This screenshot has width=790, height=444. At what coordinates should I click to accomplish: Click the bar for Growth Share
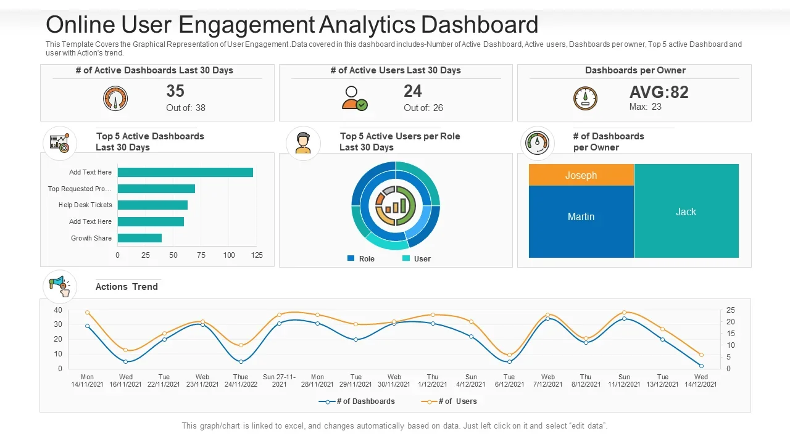click(x=139, y=238)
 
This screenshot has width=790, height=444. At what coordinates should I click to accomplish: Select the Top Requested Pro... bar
click(x=156, y=189)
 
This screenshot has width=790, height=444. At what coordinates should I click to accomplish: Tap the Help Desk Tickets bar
click(x=152, y=205)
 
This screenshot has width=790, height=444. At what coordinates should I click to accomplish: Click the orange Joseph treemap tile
click(x=581, y=175)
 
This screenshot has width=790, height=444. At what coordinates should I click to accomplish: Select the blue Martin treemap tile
click(x=581, y=221)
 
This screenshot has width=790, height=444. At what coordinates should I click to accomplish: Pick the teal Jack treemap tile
click(x=686, y=211)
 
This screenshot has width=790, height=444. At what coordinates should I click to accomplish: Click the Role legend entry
click(x=361, y=258)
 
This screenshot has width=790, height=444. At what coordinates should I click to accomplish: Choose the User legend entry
click(x=417, y=258)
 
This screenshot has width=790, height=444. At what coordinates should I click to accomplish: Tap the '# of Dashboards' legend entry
click(x=357, y=401)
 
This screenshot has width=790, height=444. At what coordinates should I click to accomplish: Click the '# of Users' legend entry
click(x=449, y=401)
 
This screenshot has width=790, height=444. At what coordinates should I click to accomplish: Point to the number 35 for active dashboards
click(x=175, y=91)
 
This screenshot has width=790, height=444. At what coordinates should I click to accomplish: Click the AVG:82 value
click(x=659, y=92)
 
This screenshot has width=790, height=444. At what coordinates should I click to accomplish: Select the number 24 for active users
click(x=413, y=91)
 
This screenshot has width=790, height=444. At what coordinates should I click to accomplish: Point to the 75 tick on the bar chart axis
click(x=201, y=255)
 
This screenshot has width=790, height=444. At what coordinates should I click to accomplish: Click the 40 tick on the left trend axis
click(x=58, y=310)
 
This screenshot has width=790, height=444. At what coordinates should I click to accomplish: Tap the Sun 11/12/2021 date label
click(x=624, y=380)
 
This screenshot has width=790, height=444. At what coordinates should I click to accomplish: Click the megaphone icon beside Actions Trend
click(x=60, y=287)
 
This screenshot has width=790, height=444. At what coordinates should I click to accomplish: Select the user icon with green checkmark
click(x=354, y=99)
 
